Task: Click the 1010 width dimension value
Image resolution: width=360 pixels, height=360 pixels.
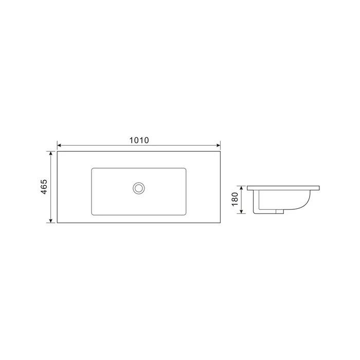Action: tap(138, 140)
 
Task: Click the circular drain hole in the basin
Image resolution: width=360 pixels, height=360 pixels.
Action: tap(138, 188)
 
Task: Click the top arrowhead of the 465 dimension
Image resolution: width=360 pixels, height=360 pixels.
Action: tap(50, 153)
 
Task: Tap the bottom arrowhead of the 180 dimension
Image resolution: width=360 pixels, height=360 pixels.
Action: tap(242, 212)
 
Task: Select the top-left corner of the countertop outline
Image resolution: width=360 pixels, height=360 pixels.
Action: tap(57, 151)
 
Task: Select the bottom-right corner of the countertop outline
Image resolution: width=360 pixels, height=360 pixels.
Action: tap(220, 223)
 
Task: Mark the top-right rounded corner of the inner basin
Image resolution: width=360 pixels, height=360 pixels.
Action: tap(184, 169)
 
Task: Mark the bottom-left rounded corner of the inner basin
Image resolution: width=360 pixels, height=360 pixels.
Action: tap(93, 213)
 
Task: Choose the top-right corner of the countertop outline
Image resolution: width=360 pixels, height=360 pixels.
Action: tap(220, 151)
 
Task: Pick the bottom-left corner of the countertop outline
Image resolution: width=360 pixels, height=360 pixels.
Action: tap(57, 223)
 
